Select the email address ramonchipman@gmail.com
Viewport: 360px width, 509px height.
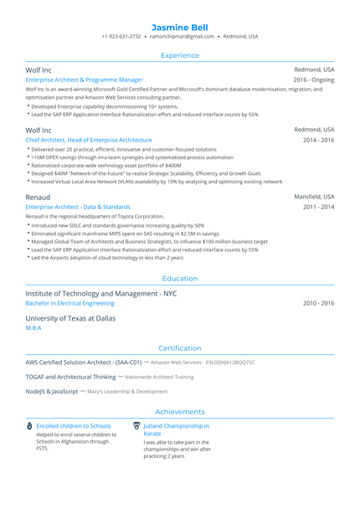click(183, 37)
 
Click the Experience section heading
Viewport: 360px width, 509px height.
click(180, 55)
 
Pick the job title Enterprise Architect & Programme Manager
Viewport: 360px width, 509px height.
click(84, 80)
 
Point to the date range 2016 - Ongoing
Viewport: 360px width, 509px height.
click(314, 80)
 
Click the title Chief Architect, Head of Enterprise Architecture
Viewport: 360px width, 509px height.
click(89, 140)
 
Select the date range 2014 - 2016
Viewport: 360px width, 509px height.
click(318, 140)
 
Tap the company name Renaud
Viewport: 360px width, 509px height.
click(38, 196)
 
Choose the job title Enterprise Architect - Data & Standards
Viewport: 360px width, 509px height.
click(78, 206)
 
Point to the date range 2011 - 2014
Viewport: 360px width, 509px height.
click(318, 206)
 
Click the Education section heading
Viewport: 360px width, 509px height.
click(180, 279)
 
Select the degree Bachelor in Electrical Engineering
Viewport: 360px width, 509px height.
click(70, 303)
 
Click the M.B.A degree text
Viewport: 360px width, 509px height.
click(33, 328)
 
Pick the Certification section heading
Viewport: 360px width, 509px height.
click(180, 348)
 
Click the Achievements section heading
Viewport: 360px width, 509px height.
click(180, 412)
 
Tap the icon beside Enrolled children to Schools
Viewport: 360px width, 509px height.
click(29, 426)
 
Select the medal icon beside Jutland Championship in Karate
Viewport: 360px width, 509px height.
click(136, 426)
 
